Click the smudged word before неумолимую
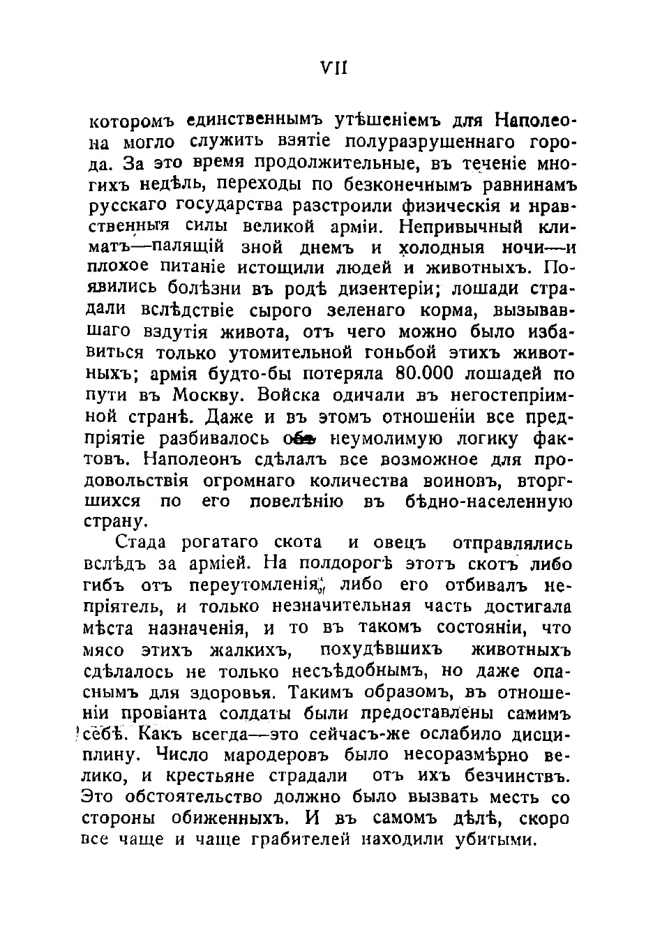(300, 439)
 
